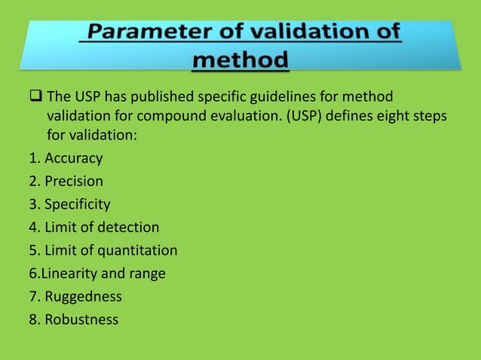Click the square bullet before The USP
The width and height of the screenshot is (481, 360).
36,97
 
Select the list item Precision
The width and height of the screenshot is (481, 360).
74,182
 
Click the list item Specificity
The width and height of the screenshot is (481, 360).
78,204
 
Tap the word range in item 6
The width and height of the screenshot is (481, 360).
148,273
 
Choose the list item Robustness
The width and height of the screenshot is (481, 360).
81,319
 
